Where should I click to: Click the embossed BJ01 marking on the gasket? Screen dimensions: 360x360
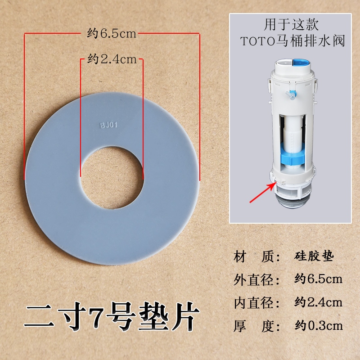(109, 125)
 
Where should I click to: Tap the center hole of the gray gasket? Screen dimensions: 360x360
(112, 178)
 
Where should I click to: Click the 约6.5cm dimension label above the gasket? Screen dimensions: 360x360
(112, 33)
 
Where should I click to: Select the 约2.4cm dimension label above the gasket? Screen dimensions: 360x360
(112, 59)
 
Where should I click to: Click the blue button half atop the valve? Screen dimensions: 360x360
(302, 66)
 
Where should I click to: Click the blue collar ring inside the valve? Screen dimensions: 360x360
(293, 158)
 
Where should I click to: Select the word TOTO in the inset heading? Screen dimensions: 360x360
(257, 41)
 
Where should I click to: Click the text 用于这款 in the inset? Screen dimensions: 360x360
(291, 25)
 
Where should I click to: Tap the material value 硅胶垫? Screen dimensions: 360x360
(314, 256)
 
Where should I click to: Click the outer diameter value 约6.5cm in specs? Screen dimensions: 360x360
(318, 279)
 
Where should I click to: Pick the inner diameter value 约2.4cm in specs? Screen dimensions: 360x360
(318, 302)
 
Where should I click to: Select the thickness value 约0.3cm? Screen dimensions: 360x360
(319, 325)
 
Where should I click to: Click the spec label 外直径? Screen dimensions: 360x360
(253, 280)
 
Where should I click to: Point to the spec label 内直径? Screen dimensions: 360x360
(253, 303)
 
